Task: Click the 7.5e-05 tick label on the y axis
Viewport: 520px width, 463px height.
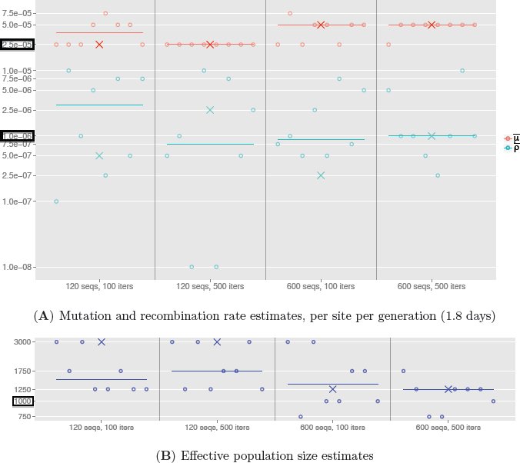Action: click(17, 13)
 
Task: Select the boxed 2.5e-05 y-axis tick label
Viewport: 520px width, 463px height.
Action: click(17, 45)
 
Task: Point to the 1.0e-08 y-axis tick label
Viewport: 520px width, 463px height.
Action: click(17, 267)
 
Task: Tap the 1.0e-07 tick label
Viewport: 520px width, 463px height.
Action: click(17, 202)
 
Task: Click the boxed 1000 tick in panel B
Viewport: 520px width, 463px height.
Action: click(23, 401)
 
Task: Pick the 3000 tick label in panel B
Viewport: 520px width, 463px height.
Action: click(22, 342)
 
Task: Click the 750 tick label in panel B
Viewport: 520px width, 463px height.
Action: click(25, 417)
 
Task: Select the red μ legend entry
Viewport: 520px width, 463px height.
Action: click(512, 138)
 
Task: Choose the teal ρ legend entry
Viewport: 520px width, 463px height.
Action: click(512, 148)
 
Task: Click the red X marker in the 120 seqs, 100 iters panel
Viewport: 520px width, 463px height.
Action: click(99, 45)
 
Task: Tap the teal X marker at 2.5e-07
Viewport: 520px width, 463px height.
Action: click(321, 175)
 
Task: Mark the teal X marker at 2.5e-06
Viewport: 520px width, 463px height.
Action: click(210, 110)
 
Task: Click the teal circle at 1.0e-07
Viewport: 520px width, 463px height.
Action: click(56, 202)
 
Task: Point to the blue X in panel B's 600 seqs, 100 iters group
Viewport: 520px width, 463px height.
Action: click(332, 389)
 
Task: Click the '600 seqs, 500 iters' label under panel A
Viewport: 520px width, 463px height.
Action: click(432, 286)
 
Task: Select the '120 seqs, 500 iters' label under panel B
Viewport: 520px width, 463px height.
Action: click(217, 428)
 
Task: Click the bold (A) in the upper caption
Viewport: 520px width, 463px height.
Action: click(44, 316)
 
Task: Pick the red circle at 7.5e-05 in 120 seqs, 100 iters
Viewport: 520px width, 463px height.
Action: click(105, 13)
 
